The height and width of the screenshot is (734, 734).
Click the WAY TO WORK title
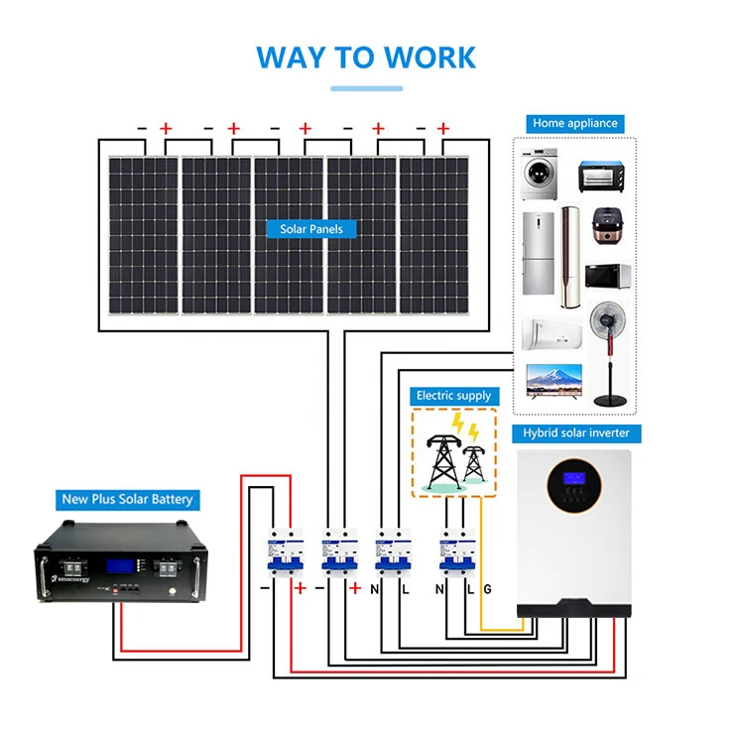coord(366,57)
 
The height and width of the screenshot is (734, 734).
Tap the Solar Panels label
coord(311,229)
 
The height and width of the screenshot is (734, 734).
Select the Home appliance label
coord(574,124)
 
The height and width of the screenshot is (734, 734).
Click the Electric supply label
coord(453,396)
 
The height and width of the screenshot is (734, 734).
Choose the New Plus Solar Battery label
coord(127,499)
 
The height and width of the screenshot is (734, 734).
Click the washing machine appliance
coord(541,176)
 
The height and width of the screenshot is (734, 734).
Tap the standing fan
coord(607,351)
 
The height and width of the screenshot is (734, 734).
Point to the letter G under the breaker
coord(486,589)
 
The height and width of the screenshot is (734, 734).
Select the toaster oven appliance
coord(600,177)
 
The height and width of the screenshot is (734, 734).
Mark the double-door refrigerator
coord(537,253)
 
